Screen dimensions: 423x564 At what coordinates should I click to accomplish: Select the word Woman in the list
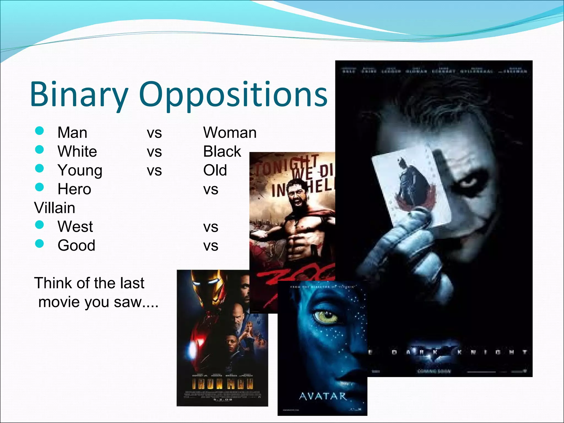click(230, 133)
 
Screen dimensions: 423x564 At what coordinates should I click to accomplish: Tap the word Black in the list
click(222, 151)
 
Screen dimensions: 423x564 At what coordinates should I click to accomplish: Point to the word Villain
click(55, 208)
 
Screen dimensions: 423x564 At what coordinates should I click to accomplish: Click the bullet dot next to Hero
click(40, 187)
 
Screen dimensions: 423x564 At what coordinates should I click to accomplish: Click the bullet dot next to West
click(40, 225)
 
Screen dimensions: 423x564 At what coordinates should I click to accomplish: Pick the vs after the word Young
click(154, 171)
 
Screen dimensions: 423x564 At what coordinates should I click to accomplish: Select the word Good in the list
click(76, 245)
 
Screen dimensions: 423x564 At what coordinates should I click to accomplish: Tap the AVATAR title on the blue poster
click(322, 396)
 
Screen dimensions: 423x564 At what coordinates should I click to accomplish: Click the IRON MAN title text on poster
click(222, 384)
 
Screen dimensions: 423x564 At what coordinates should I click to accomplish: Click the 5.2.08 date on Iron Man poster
click(222, 399)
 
